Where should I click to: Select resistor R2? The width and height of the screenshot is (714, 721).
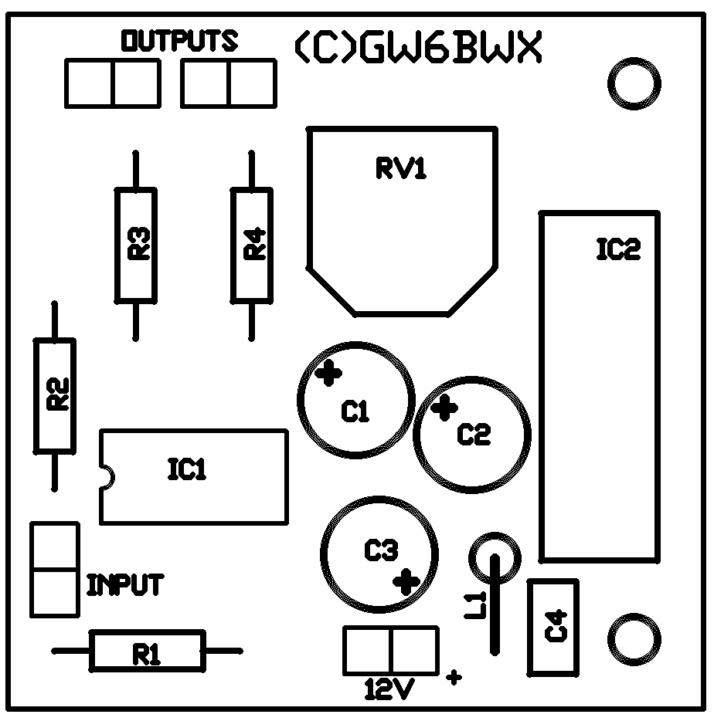tap(55, 395)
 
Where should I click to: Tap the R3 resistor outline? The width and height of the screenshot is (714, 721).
tap(136, 245)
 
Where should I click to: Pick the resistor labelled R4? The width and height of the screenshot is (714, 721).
tap(252, 245)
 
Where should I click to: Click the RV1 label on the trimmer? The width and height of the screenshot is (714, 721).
tap(401, 169)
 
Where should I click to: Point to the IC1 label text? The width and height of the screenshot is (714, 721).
tap(187, 469)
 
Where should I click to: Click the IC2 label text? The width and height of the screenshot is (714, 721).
tap(619, 249)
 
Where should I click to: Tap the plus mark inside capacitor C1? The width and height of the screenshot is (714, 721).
tap(329, 374)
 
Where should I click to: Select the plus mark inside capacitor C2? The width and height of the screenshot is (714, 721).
tap(444, 408)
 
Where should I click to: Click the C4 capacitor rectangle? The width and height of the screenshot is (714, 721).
tap(552, 628)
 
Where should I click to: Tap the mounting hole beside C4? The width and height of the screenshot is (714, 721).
tap(634, 638)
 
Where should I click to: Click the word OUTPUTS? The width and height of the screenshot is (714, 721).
tap(179, 41)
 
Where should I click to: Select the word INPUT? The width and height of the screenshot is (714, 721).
tap(125, 585)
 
